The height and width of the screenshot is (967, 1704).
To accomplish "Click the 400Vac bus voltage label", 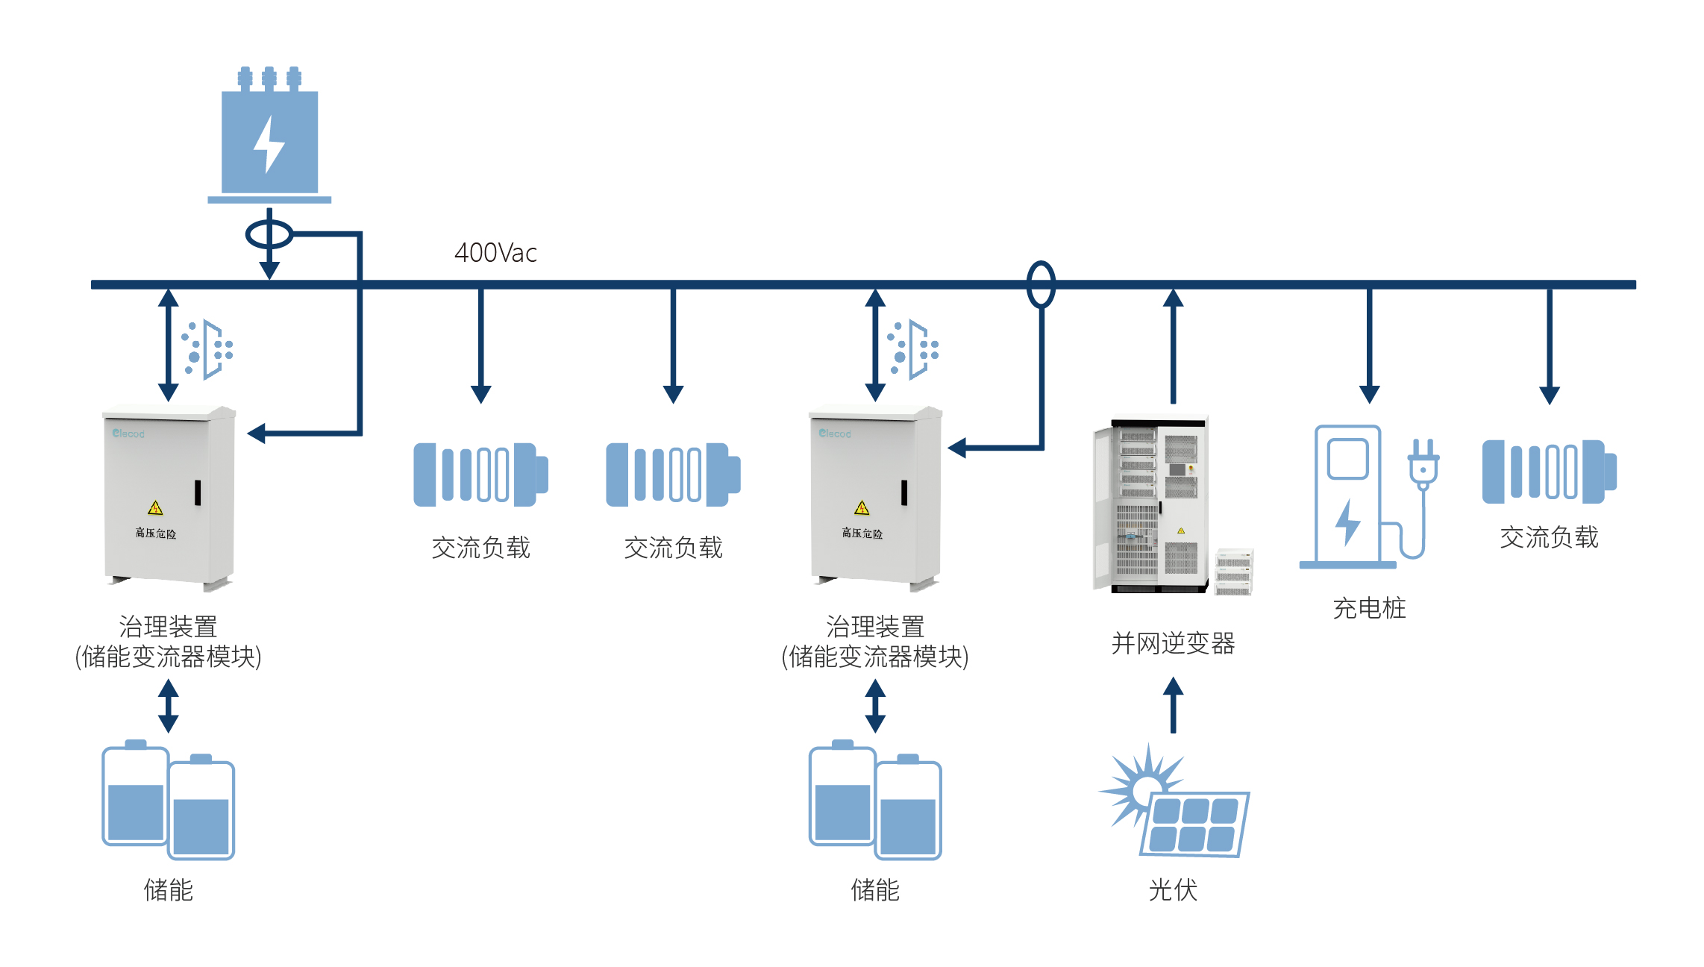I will [495, 253].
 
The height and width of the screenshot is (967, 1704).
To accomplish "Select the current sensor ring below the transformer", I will [269, 234].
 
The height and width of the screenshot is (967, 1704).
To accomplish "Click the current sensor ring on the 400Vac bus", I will [1041, 284].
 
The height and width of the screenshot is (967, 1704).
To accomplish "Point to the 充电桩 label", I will [1369, 608].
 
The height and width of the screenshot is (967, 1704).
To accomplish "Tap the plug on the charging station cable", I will [1423, 463].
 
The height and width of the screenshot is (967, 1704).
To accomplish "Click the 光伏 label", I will [1173, 890].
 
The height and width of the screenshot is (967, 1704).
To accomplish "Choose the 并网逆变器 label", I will [1173, 643].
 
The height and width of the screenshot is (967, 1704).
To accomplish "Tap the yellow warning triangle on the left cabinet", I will [155, 508].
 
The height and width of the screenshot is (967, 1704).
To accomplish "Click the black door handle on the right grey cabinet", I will [904, 492].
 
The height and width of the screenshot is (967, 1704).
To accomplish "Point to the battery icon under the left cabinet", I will [169, 800].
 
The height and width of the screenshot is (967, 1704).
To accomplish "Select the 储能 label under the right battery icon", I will [875, 890].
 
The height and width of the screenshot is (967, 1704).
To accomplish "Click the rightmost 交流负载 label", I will [1549, 537].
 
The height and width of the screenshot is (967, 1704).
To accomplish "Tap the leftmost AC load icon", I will [480, 475].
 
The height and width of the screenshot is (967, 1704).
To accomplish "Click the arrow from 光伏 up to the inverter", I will [1173, 704].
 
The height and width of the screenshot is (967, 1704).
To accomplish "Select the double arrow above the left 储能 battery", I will [169, 705].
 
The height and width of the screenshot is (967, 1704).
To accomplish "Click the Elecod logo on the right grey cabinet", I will [834, 434].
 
